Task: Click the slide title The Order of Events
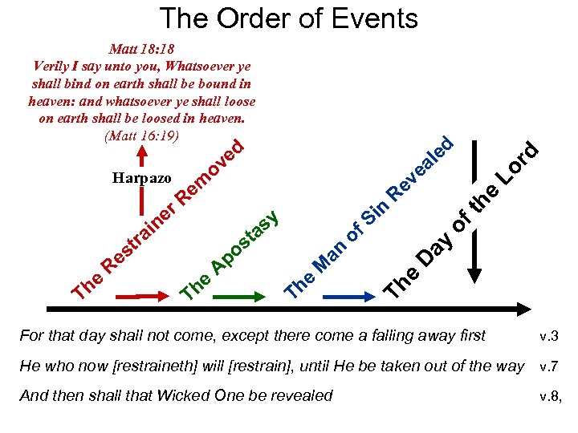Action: click(x=289, y=18)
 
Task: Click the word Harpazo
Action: click(x=136, y=177)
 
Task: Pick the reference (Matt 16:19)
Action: click(x=141, y=134)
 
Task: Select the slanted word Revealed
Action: click(x=421, y=168)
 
